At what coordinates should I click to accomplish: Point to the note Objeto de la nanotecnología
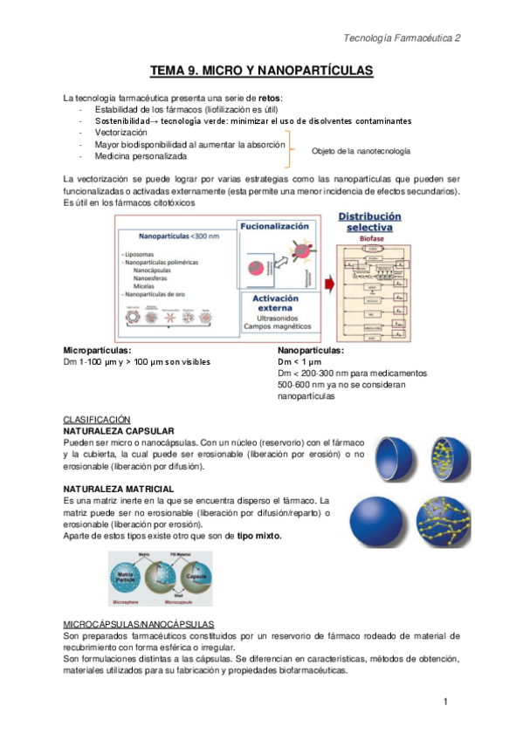coord(361,151)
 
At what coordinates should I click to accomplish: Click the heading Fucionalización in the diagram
coord(279,224)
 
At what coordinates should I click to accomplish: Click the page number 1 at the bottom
coord(445,702)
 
